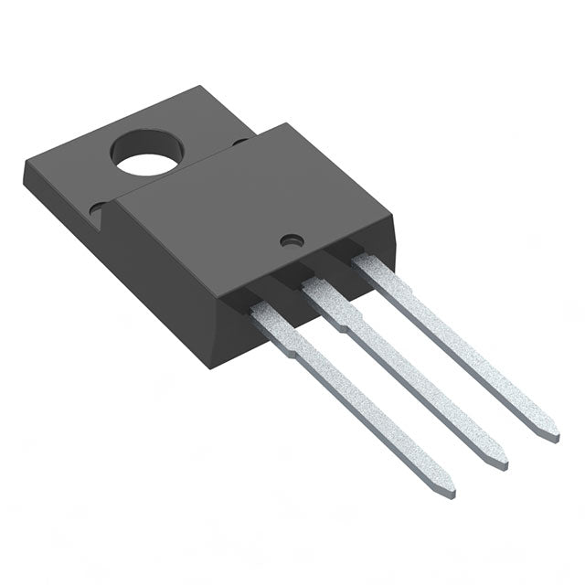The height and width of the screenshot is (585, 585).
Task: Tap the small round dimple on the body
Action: tap(292, 241)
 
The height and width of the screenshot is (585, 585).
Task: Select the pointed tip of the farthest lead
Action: tap(554, 434)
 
